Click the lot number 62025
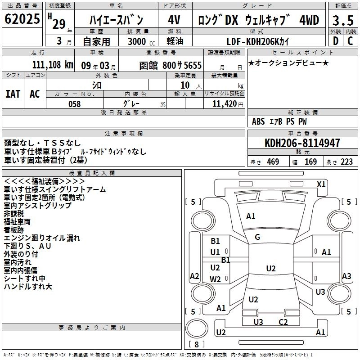[x=22, y=19]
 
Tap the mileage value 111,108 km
[x=53, y=65]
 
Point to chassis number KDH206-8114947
[x=302, y=144]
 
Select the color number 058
[x=74, y=104]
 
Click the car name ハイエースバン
[x=116, y=20]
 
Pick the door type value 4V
[x=174, y=20]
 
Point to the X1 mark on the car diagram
[x=321, y=184]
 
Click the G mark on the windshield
[x=257, y=237]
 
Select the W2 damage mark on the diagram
[x=216, y=279]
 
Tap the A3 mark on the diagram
[x=346, y=276]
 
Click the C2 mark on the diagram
[x=283, y=322]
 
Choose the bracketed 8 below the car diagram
[x=196, y=344]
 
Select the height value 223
[x=346, y=162]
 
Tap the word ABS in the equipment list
[x=258, y=121]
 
